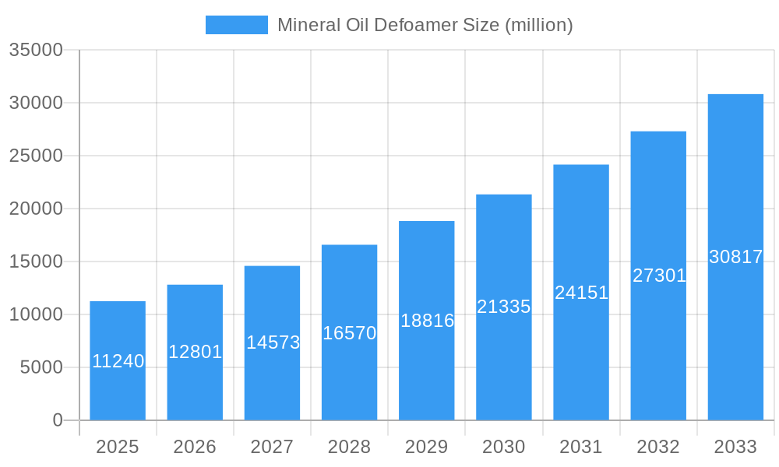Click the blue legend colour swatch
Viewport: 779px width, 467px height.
(x=236, y=25)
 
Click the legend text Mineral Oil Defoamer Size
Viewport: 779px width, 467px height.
(x=425, y=25)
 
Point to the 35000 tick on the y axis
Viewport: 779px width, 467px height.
(x=35, y=50)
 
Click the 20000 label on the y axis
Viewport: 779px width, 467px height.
(x=35, y=209)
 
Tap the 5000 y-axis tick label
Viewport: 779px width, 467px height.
(x=41, y=367)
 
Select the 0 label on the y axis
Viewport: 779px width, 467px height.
(x=57, y=420)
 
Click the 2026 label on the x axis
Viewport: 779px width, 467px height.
(x=195, y=447)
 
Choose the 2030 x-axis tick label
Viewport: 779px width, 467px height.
(x=504, y=447)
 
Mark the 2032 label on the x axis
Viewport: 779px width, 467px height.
(x=658, y=447)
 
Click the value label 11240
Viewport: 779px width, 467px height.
(x=118, y=361)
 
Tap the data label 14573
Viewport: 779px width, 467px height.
(x=273, y=342)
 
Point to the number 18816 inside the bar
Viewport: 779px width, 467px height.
(x=427, y=321)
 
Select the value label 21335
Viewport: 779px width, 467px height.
(x=504, y=307)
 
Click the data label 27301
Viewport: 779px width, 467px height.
(x=658, y=276)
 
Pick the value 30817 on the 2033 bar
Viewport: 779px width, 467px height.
(x=735, y=257)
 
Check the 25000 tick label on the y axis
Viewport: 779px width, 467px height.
(x=35, y=156)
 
